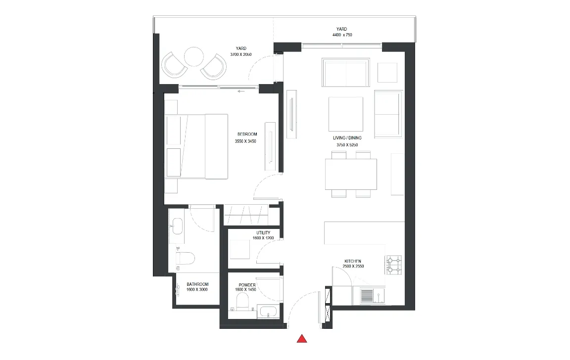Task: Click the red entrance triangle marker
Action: pos(302,339)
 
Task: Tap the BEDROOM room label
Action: pos(247,134)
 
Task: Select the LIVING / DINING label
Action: pos(347,138)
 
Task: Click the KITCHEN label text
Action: pos(353,261)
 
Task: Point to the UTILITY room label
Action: pos(263,233)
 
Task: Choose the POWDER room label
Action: pos(247,285)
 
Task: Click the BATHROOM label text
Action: pos(197,284)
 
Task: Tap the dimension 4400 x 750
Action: pos(342,35)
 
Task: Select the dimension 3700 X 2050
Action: pos(240,54)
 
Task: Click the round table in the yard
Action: pos(194,57)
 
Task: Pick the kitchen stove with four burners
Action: pos(394,265)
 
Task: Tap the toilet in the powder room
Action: pos(242,301)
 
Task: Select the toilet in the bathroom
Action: pos(186,259)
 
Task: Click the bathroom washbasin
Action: pos(178,226)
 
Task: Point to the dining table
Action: pos(351,174)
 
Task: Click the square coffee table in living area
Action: pos(346,114)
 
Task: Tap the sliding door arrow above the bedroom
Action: pos(240,91)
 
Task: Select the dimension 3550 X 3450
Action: pos(245,141)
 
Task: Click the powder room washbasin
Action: pos(268,312)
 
